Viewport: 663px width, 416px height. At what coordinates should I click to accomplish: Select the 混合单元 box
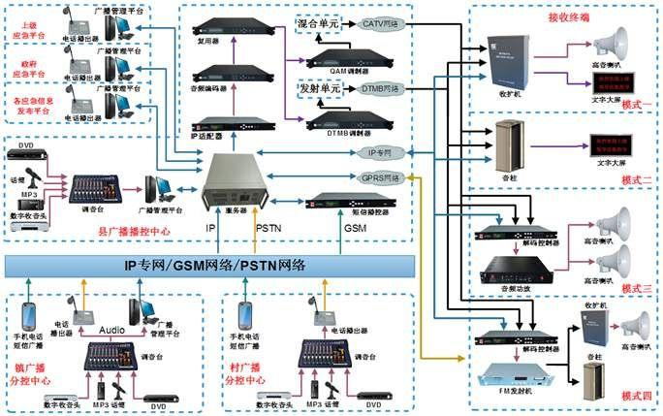click(x=318, y=21)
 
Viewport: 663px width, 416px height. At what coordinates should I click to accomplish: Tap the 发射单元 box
click(x=318, y=87)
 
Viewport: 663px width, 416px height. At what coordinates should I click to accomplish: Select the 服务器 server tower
click(x=232, y=180)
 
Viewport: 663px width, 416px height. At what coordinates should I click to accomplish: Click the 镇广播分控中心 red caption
click(x=30, y=374)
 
